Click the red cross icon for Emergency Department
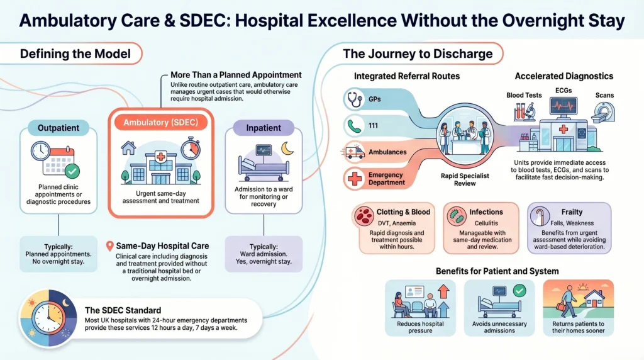point(354,179)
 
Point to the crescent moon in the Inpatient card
point(287,149)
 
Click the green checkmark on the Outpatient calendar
point(72,170)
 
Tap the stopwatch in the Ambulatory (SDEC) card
point(189,149)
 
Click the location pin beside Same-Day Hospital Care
point(111,245)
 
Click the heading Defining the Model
point(75,53)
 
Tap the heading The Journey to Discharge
point(418,53)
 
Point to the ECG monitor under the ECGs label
point(563,108)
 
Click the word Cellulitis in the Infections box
point(486,222)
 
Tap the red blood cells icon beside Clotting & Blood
point(362,217)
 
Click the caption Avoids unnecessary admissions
point(499,327)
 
